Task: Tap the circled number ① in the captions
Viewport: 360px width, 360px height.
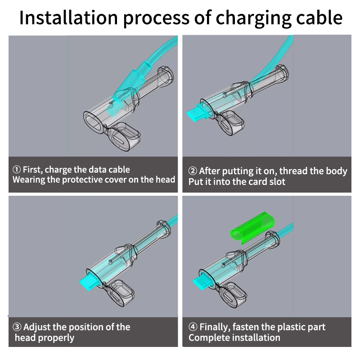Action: [x=17, y=170]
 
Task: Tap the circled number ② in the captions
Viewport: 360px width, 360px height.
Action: [x=192, y=171]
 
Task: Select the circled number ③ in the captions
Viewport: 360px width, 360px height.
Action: [x=17, y=327]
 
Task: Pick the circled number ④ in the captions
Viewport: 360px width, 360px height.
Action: [x=192, y=327]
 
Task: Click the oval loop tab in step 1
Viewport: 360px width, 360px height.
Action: [x=124, y=136]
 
